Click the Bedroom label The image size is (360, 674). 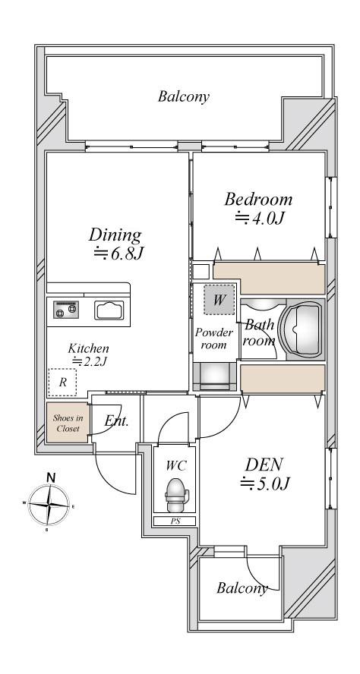click(x=258, y=200)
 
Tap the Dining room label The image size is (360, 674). click(x=115, y=235)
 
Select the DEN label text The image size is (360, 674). click(x=264, y=465)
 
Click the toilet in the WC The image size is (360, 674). click(x=175, y=495)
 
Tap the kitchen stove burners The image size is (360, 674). click(x=66, y=310)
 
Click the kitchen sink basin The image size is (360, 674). click(x=109, y=310)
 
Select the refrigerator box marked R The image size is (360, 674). click(x=62, y=382)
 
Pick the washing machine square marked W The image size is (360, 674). click(x=219, y=299)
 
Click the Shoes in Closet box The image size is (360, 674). click(x=68, y=423)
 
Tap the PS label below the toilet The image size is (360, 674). click(x=175, y=521)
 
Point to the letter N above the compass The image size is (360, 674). click(x=51, y=477)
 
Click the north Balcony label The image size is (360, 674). click(x=184, y=96)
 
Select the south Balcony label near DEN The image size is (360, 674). click(x=242, y=587)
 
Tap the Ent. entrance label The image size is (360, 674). click(x=116, y=420)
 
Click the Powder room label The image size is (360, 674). click(x=213, y=339)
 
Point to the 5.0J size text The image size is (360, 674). click(x=265, y=484)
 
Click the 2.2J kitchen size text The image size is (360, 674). click(x=89, y=361)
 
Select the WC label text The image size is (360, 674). click(x=176, y=465)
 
